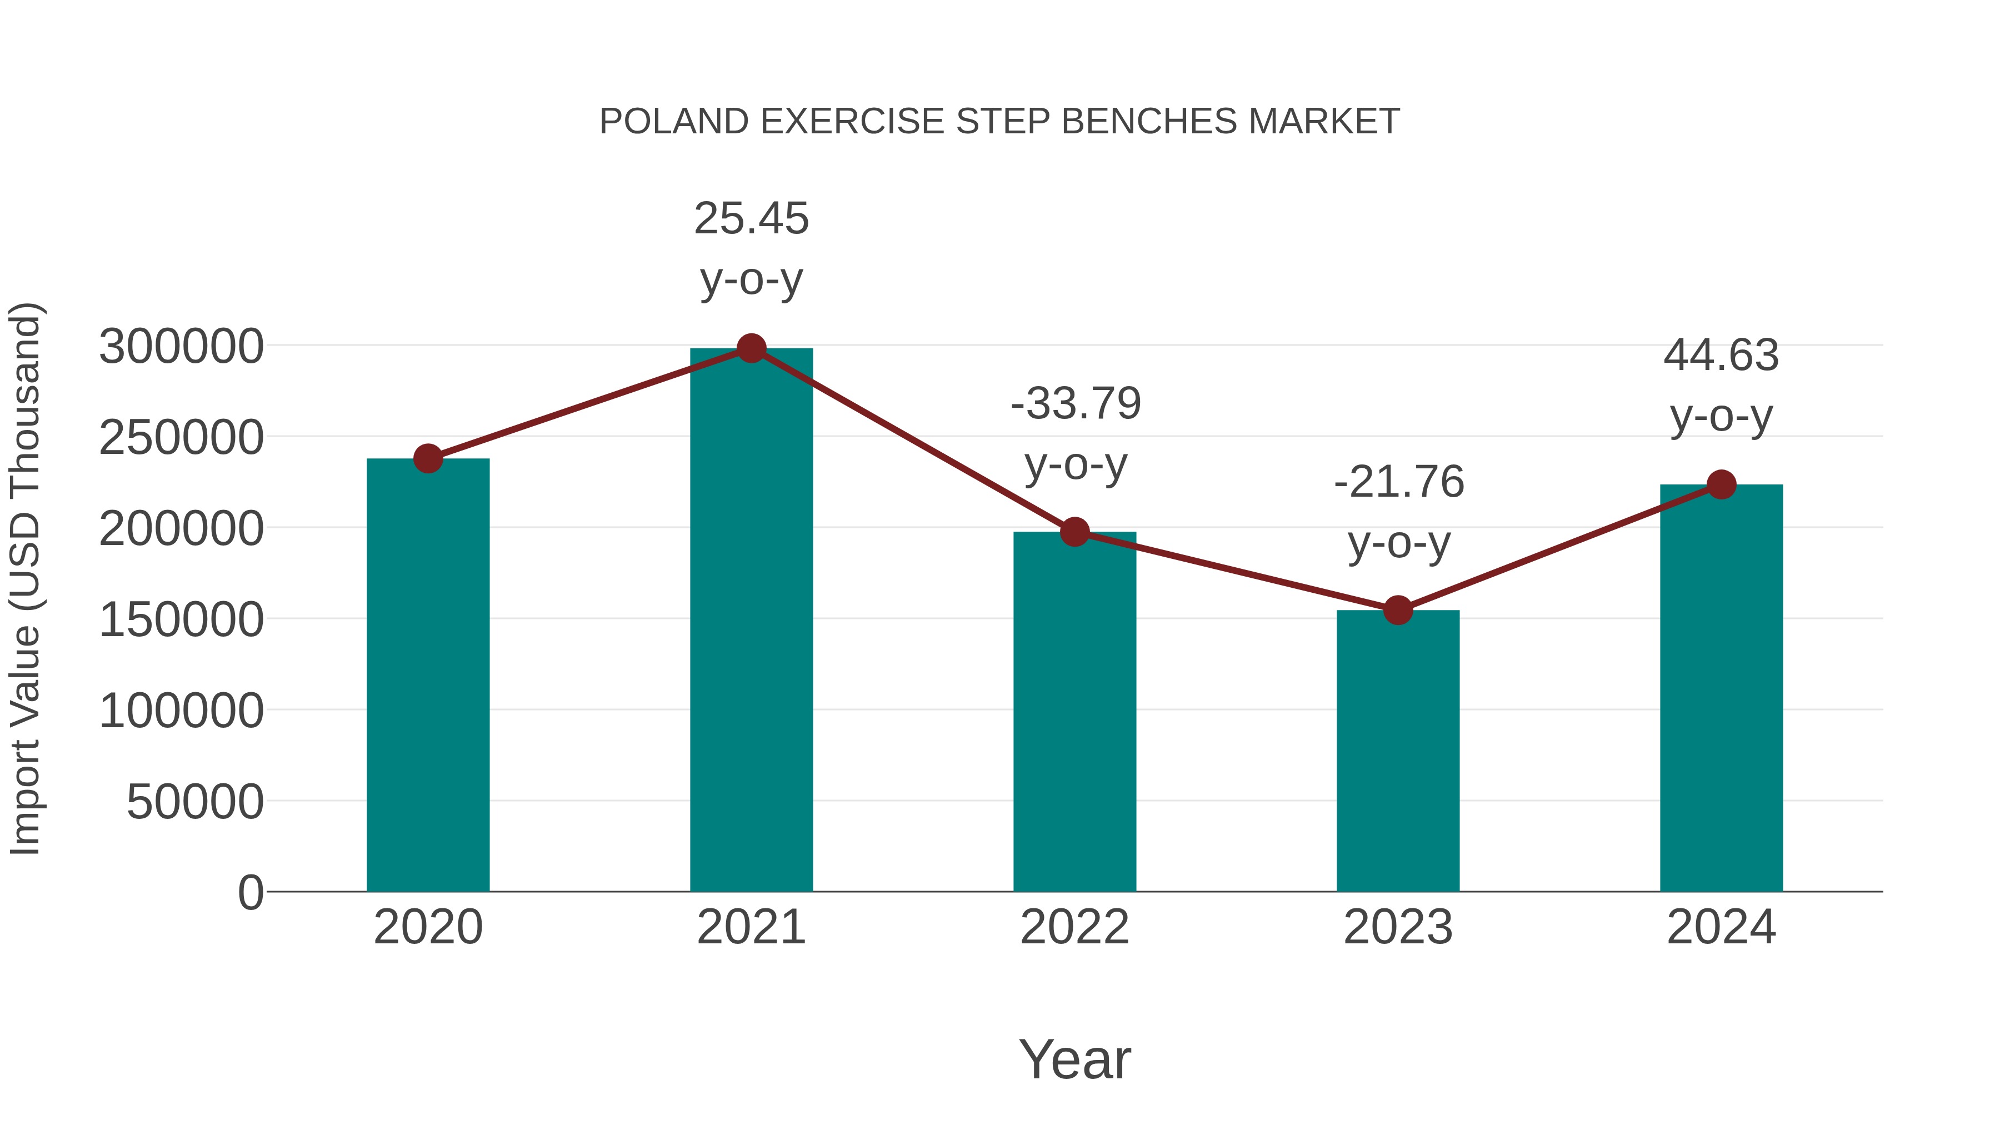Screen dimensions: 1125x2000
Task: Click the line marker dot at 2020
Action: (x=428, y=458)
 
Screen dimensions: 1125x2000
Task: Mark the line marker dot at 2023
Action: (x=1398, y=610)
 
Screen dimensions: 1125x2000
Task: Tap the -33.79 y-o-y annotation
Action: (x=1076, y=433)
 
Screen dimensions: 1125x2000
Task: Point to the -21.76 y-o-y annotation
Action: (x=1398, y=512)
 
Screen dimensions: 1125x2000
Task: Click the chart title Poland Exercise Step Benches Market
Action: (x=999, y=121)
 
